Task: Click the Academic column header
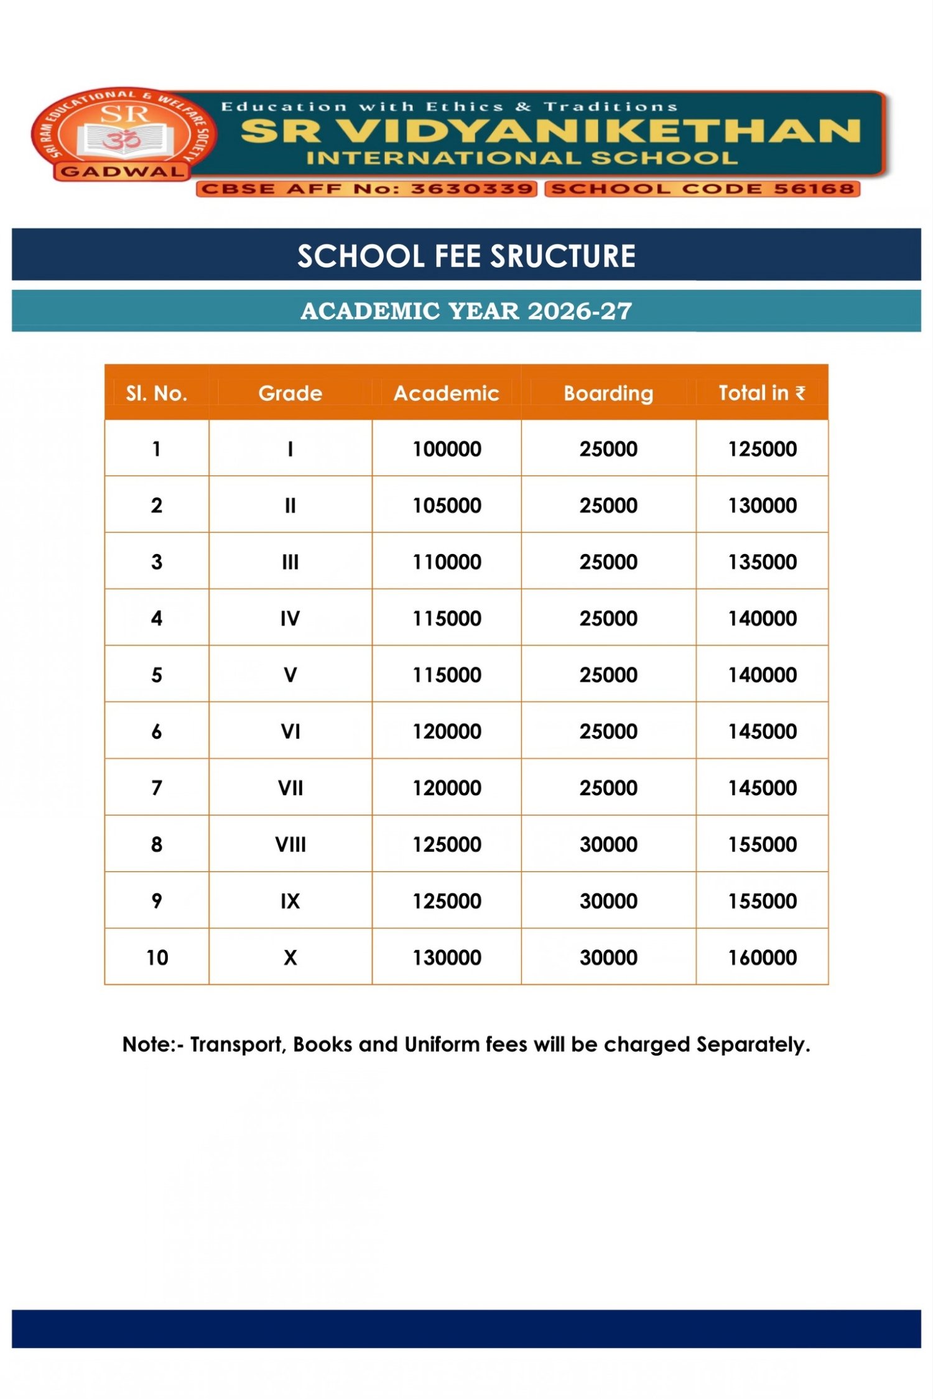tap(446, 393)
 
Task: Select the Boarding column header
tap(608, 393)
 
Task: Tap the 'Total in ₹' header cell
tap(761, 393)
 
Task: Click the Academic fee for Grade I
tap(447, 449)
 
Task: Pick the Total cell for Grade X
tap(762, 958)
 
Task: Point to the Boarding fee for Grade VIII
tap(608, 844)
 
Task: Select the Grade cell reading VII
tap(290, 788)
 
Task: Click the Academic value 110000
tap(447, 562)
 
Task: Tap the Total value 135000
tap(762, 562)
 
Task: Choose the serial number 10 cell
tap(157, 958)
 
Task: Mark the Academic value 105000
tap(447, 506)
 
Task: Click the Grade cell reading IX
tap(290, 901)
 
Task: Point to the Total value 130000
tap(762, 506)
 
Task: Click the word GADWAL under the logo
tap(123, 172)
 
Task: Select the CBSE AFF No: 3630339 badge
tap(366, 188)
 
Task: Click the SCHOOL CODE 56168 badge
tap(702, 188)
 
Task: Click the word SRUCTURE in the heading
tap(563, 256)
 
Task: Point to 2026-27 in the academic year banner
tap(580, 311)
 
